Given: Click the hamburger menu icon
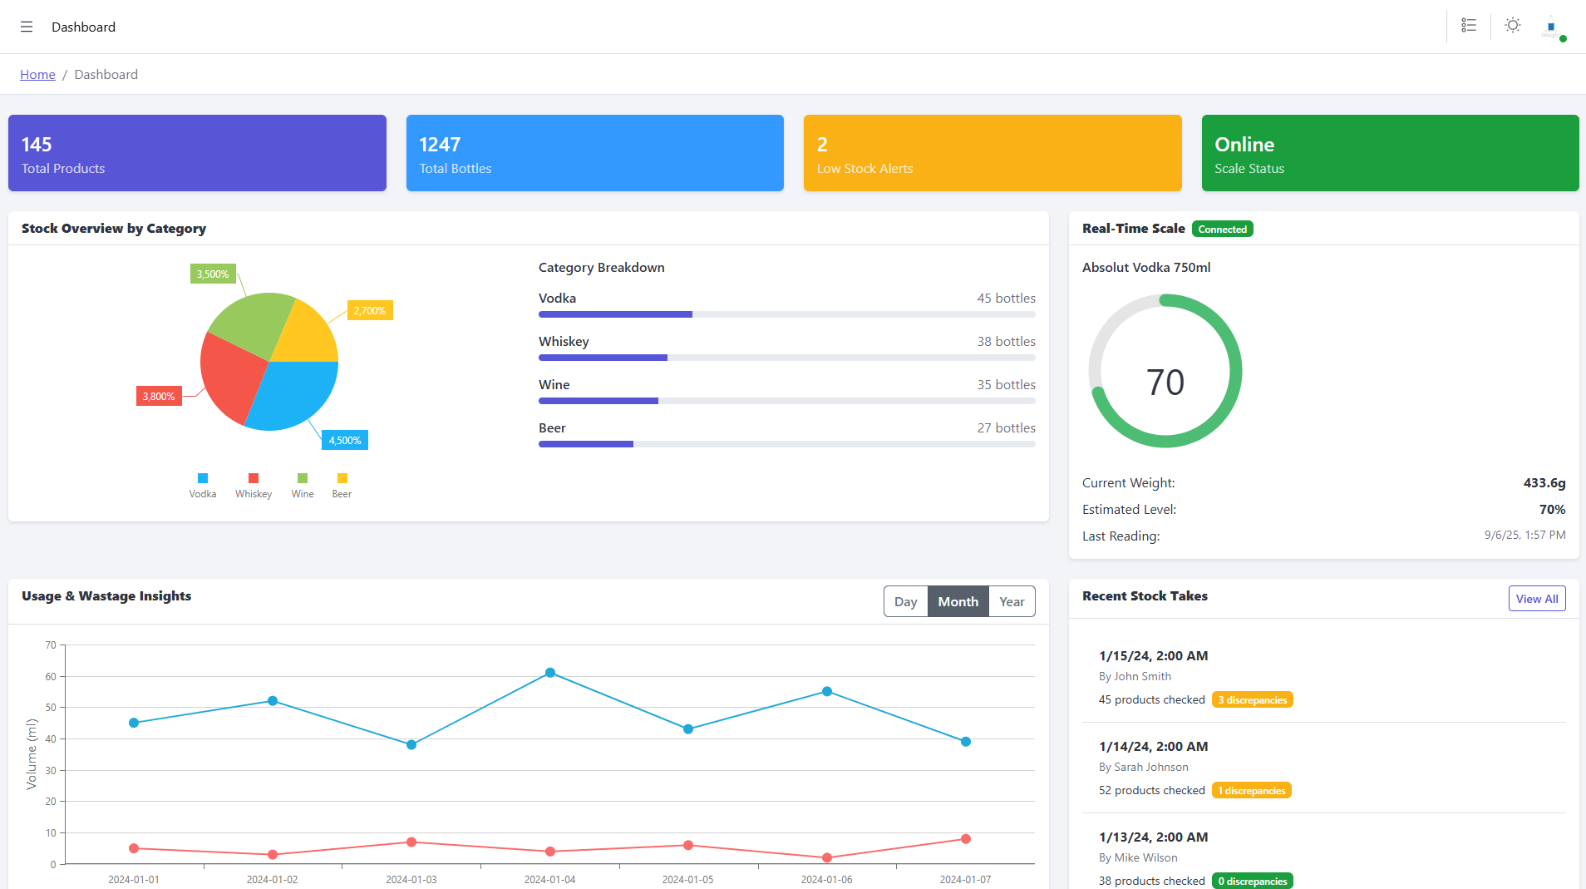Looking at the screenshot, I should pos(27,27).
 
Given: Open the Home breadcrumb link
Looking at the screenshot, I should pos(37,75).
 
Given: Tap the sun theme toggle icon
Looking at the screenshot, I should pos(1513,26).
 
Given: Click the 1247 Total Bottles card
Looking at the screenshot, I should pos(594,153).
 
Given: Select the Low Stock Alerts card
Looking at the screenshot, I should pos(992,153).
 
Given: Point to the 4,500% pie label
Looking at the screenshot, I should pos(345,441).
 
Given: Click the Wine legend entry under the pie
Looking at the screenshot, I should pos(303,486).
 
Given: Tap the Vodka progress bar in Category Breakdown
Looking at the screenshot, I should pos(615,314).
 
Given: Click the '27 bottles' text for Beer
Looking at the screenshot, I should pos(1006,428).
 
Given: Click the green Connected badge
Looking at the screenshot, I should pos(1222,230).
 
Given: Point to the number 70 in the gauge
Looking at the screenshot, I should pos(1165,383).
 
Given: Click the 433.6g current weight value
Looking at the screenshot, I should pos(1544,483).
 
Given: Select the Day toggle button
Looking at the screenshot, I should pos(905,602).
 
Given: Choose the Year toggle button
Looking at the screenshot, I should pos(1012,602).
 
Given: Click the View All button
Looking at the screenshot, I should pos(1536,599).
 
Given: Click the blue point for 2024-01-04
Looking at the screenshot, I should pos(550,673).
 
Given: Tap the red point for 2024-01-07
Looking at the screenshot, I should pos(965,839).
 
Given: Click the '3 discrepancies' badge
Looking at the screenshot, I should pos(1252,700).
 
